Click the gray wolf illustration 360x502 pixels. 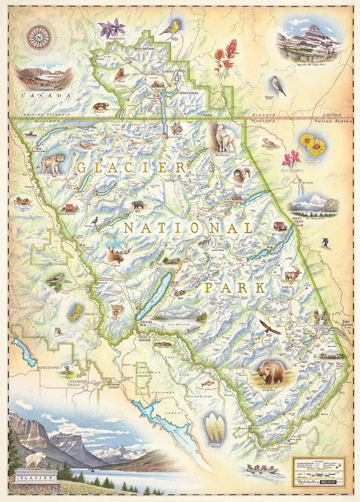coord(52,163)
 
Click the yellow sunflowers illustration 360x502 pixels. coord(313,145)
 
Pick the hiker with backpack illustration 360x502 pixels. coord(325,242)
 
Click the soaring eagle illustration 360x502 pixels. coord(269,327)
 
